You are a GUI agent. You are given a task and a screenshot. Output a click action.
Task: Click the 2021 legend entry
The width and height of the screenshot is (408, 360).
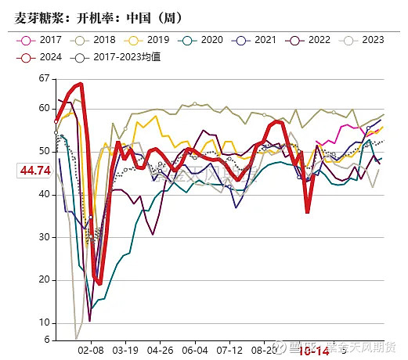coord(265,39)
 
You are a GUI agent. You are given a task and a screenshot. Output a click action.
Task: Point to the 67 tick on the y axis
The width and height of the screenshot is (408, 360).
coord(44,79)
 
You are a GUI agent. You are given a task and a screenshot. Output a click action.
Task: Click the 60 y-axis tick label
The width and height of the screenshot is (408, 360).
coord(44,109)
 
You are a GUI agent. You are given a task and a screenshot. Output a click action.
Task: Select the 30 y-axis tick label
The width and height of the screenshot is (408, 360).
coord(44,237)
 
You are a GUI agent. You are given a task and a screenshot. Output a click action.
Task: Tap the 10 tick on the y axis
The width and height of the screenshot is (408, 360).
coord(44,322)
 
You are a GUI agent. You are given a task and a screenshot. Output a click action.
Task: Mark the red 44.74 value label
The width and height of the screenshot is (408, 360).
coord(35,171)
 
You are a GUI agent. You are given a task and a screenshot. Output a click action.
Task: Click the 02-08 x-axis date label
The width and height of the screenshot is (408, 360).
coord(91,351)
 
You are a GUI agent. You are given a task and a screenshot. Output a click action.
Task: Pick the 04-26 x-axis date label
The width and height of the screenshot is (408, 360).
coord(160,351)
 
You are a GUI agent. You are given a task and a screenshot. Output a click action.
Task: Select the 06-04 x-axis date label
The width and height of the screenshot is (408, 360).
coord(194,351)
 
